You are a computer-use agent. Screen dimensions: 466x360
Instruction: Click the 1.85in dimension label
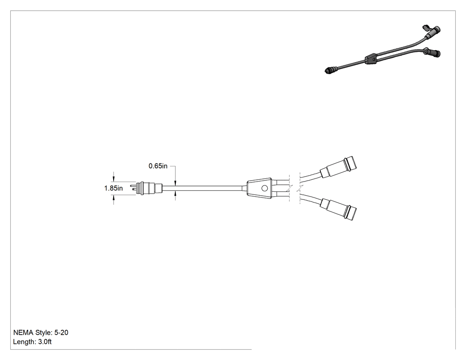113,188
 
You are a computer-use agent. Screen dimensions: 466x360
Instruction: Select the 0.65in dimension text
158,166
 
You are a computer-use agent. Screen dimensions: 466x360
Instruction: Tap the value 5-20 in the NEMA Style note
61,332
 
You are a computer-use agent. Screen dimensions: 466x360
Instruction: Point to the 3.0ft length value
45,342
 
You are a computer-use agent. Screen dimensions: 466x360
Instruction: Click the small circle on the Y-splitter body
264,188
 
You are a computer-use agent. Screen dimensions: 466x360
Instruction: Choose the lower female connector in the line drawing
339,209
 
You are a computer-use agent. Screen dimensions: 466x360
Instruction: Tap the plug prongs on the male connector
133,188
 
